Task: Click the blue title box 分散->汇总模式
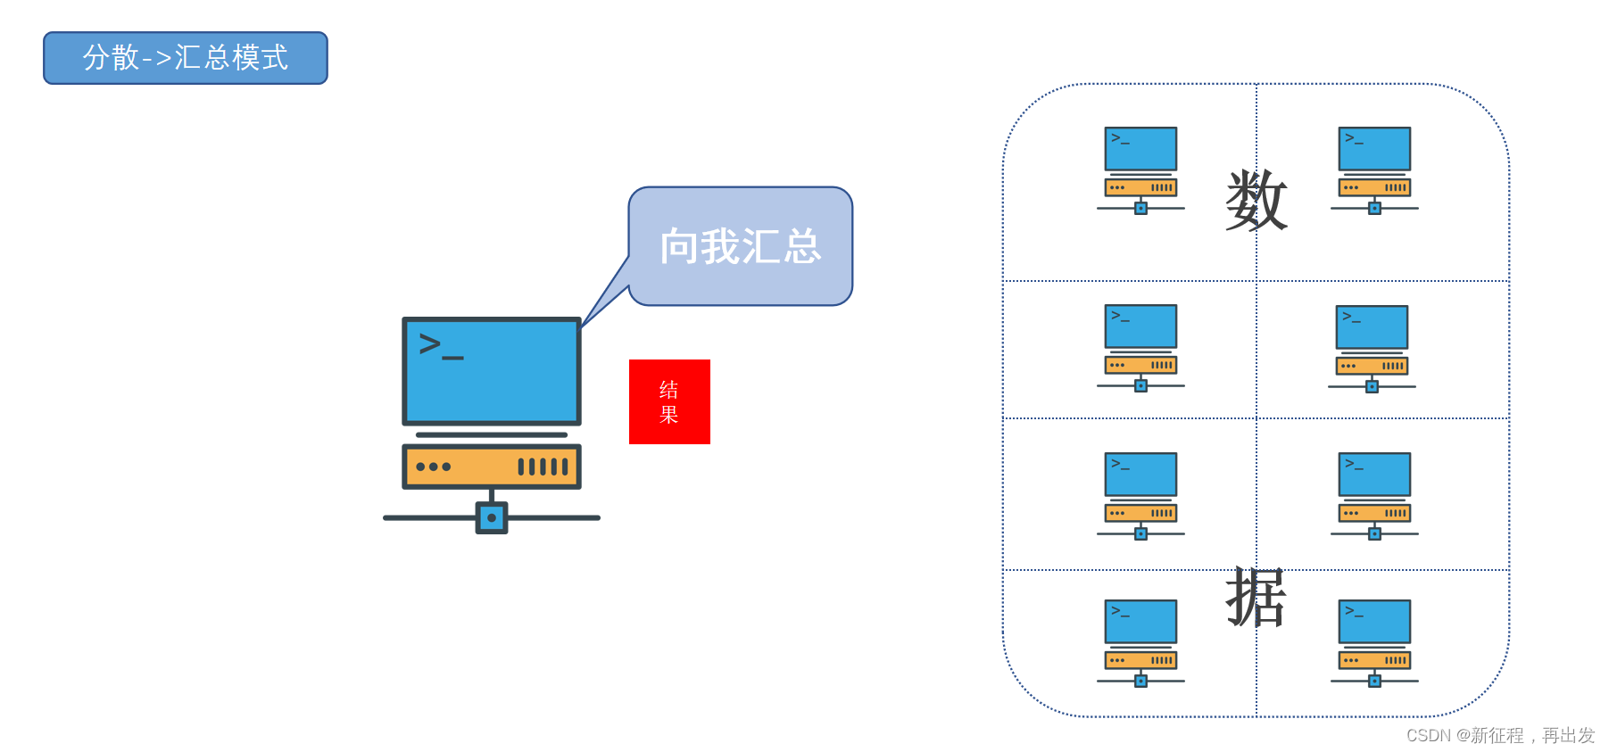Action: coord(186,58)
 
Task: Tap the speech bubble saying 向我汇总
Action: coord(740,246)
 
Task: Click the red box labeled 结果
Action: coord(669,401)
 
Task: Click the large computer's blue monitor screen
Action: coord(492,371)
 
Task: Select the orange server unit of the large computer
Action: coord(492,467)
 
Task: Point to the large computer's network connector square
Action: coord(492,517)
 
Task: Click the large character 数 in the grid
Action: coord(1256,201)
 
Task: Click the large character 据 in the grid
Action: coord(1256,598)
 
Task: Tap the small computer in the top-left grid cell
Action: coord(1140,169)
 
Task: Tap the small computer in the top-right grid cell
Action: coord(1374,169)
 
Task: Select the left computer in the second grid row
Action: coord(1140,347)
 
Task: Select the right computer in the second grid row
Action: coord(1372,348)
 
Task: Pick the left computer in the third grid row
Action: coord(1140,495)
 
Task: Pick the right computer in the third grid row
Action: coord(1374,495)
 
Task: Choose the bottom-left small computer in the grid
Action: coord(1140,642)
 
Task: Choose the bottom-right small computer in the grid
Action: coord(1374,642)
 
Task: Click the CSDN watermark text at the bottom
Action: coord(1500,735)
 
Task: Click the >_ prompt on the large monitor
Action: coord(441,345)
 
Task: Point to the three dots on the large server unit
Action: coord(434,467)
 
